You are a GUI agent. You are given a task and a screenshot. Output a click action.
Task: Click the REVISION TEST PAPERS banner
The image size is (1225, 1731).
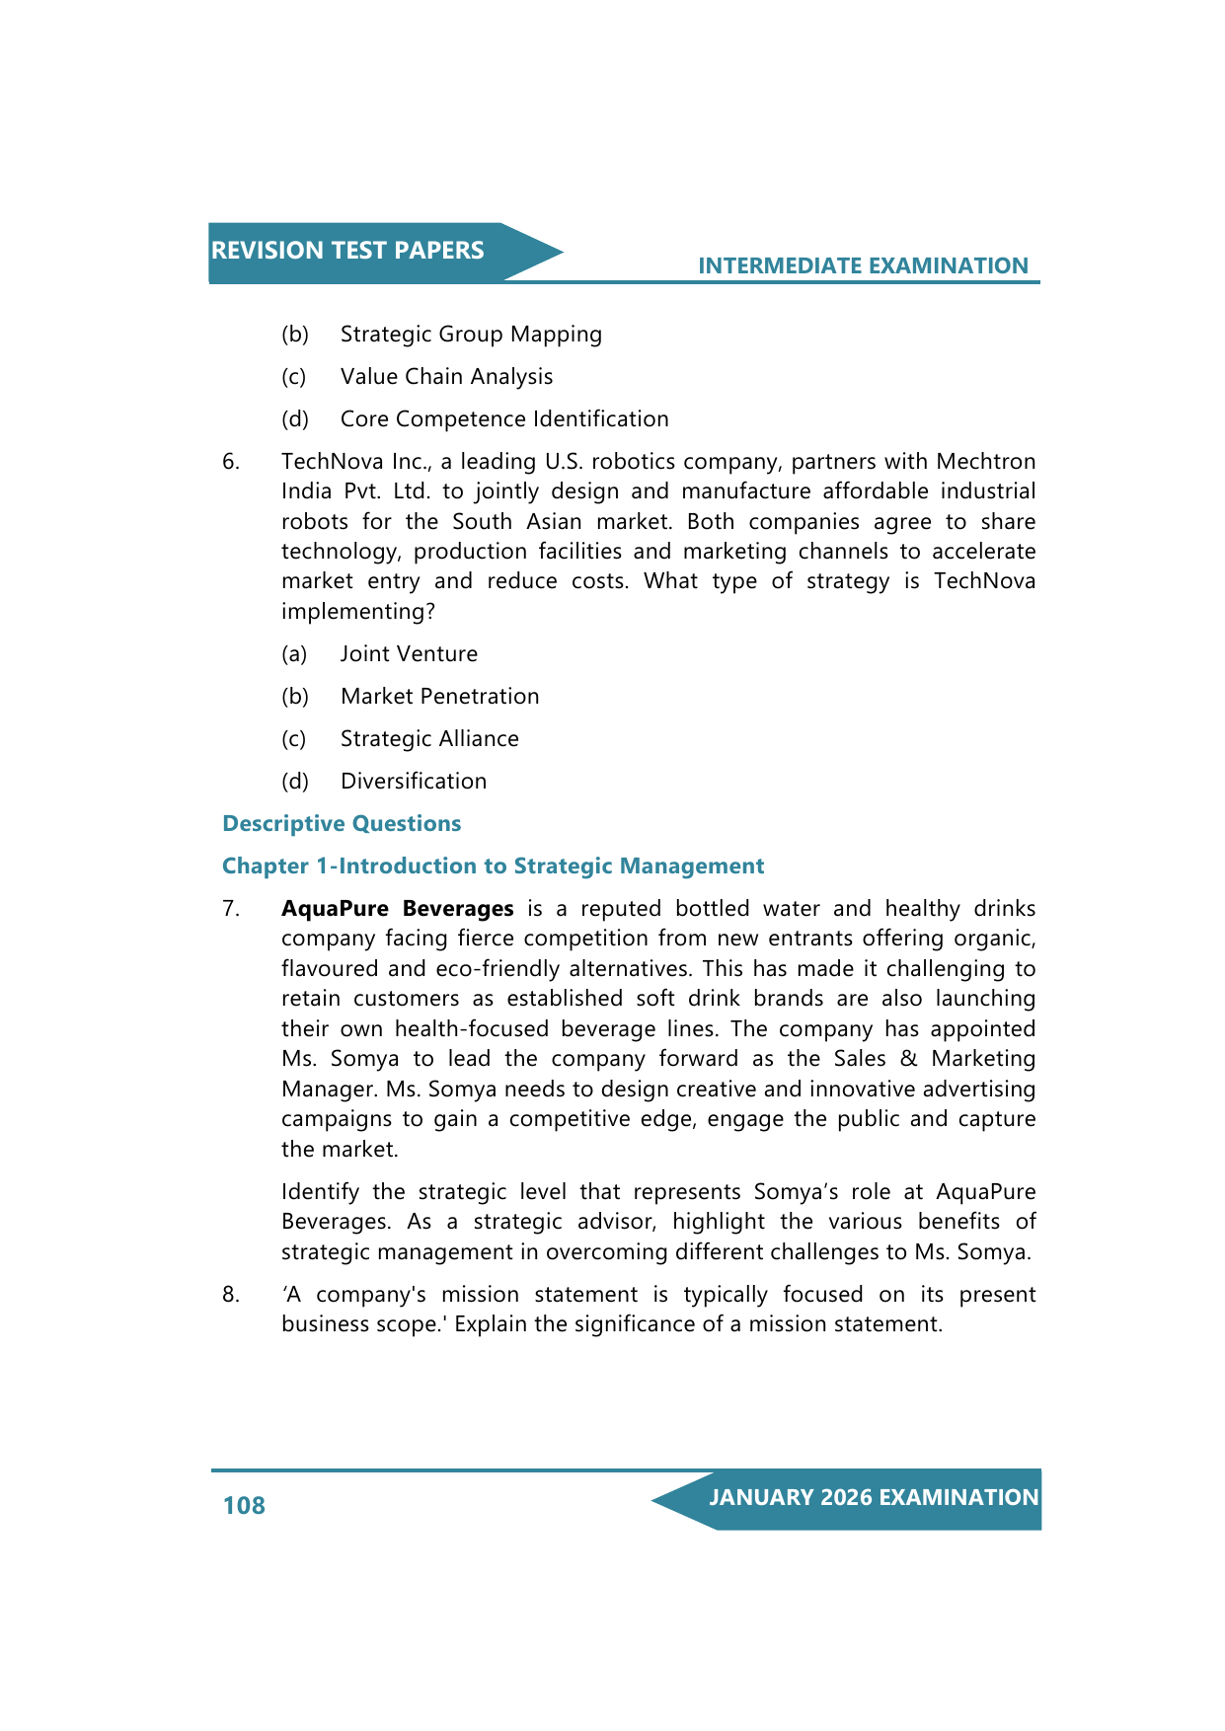tap(347, 251)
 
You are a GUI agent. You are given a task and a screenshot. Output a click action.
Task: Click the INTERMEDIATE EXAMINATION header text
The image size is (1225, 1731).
tap(863, 265)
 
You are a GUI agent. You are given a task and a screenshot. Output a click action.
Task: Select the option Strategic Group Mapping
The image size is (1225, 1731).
tap(471, 335)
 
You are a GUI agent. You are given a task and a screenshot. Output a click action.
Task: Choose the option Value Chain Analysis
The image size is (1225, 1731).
tap(446, 377)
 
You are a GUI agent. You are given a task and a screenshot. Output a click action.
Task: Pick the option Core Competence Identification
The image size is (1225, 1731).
tap(504, 419)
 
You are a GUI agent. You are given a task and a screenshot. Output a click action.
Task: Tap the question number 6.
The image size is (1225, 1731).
tap(230, 462)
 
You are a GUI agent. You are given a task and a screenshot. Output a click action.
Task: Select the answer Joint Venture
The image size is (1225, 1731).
tap(409, 654)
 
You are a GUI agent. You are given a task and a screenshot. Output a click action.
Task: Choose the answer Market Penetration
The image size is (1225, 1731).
tap(439, 697)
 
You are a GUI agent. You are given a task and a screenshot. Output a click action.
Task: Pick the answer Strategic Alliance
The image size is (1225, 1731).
tap(429, 739)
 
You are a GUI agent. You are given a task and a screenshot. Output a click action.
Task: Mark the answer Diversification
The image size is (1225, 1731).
tap(414, 782)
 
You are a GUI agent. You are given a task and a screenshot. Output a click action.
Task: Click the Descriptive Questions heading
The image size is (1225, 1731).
tap(342, 824)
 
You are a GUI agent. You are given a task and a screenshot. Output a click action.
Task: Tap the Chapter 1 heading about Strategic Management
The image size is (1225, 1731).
tap(493, 866)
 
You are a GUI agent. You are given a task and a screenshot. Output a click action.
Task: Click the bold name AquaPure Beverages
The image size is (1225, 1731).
tap(397, 909)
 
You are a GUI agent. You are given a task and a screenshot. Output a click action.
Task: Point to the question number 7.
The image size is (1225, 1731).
tap(230, 909)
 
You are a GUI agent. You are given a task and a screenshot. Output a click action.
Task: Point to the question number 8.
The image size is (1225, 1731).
tap(230, 1295)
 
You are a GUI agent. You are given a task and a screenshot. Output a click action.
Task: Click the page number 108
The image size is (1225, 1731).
tap(244, 1505)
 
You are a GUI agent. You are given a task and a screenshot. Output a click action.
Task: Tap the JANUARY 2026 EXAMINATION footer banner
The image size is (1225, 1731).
tap(873, 1498)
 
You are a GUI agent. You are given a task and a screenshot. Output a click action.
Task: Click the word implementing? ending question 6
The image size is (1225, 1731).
tap(357, 612)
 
